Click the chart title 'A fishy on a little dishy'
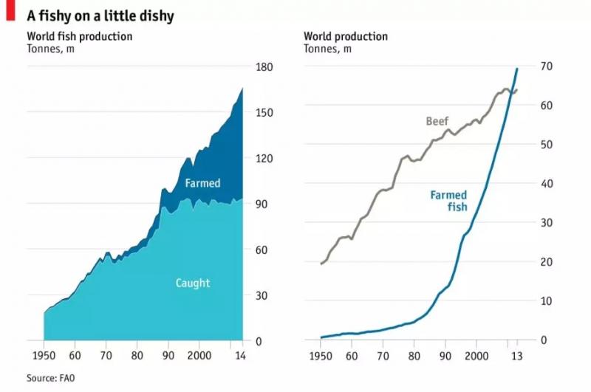(100, 15)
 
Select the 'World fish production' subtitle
(80, 36)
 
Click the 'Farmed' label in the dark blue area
(202, 182)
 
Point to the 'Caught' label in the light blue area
(193, 282)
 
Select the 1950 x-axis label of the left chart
(44, 354)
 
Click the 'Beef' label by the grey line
(437, 121)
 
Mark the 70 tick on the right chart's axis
(547, 66)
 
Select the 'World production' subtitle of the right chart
(346, 36)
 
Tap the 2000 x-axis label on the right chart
(476, 354)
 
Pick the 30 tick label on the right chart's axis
(547, 223)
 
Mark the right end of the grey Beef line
(517, 90)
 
